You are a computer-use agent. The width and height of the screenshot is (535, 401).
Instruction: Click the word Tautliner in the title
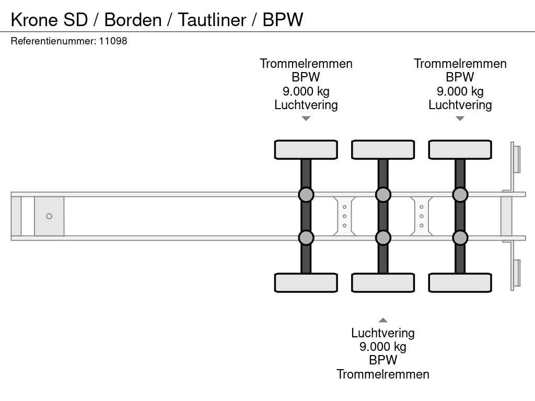pyautogui.click(x=212, y=20)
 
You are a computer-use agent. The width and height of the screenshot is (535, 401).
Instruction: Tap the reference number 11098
pyautogui.click(x=113, y=41)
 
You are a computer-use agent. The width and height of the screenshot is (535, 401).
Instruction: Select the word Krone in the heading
pyautogui.click(x=34, y=20)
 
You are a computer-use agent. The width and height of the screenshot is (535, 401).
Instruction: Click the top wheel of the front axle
pyautogui.click(x=306, y=149)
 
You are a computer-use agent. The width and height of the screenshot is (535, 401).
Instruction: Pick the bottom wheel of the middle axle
pyautogui.click(x=383, y=282)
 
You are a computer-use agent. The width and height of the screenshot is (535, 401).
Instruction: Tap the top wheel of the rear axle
pyautogui.click(x=460, y=149)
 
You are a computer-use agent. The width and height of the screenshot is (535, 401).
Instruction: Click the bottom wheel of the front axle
pyautogui.click(x=306, y=282)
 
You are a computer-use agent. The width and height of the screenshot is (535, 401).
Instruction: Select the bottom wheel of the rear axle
pyautogui.click(x=460, y=282)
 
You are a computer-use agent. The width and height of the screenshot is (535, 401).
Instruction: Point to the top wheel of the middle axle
pyautogui.click(x=383, y=149)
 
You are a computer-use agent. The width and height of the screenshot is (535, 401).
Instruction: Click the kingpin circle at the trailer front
pyautogui.click(x=49, y=216)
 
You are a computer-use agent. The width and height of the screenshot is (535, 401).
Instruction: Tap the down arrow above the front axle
pyautogui.click(x=306, y=119)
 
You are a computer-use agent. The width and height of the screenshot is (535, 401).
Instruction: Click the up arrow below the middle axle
pyautogui.click(x=383, y=320)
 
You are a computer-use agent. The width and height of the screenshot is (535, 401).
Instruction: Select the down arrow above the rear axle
pyautogui.click(x=460, y=119)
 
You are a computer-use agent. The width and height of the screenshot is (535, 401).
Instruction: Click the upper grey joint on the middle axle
pyautogui.click(x=383, y=195)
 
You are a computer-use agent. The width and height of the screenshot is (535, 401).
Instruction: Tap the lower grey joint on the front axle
pyautogui.click(x=306, y=238)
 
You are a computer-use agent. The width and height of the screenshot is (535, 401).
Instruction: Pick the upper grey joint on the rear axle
pyautogui.click(x=460, y=195)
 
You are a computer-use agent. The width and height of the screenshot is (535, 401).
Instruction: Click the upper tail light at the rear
pyautogui.click(x=516, y=159)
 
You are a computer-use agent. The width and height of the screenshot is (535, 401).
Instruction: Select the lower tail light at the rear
pyautogui.click(x=516, y=273)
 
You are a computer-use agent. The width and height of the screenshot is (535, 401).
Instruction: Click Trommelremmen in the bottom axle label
pyautogui.click(x=383, y=374)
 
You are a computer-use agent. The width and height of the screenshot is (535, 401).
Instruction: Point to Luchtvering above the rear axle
pyautogui.click(x=460, y=105)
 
